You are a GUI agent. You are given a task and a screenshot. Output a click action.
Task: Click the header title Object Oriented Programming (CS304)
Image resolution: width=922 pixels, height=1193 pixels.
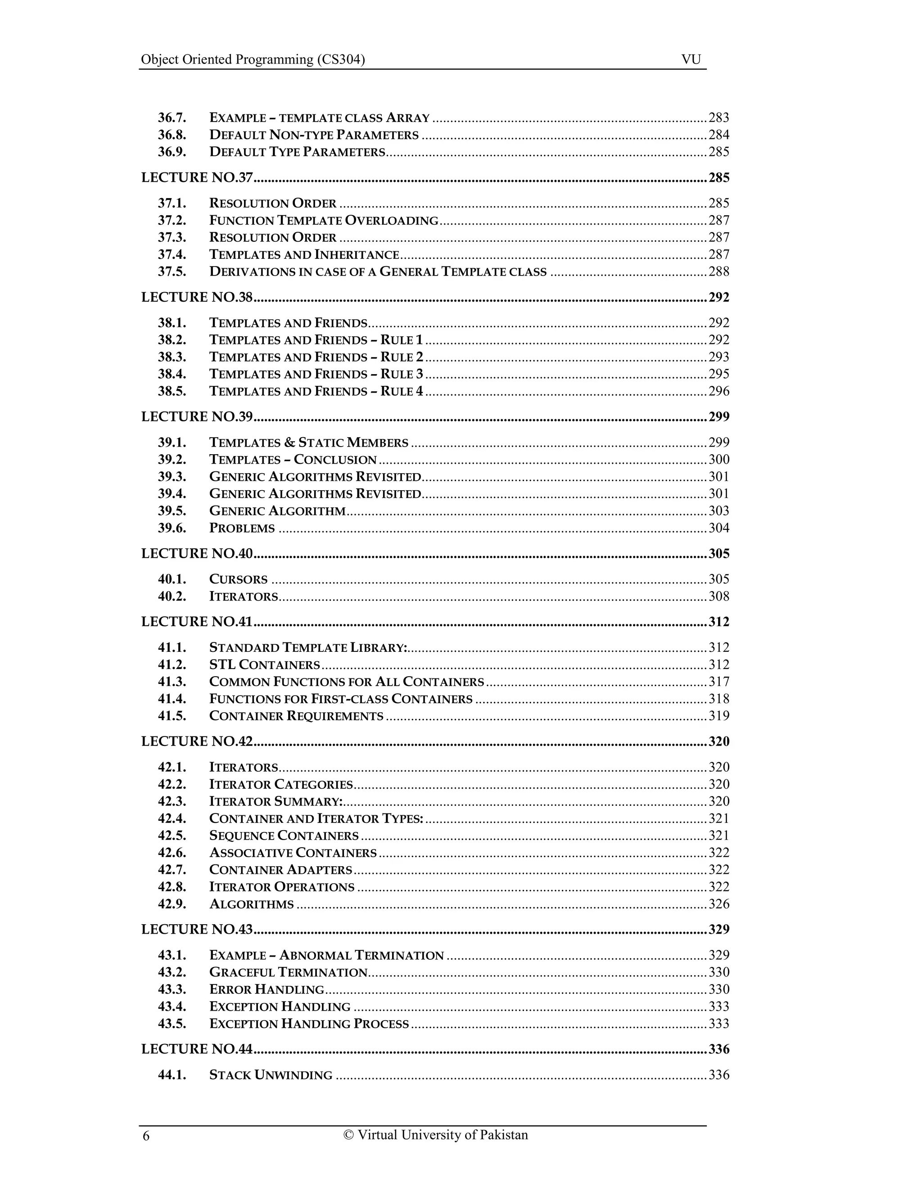(x=253, y=59)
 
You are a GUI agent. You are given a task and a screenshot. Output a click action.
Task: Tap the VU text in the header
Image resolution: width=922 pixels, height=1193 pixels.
(x=691, y=59)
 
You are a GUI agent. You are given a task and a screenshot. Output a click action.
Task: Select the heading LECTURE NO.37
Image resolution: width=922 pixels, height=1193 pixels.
(x=197, y=177)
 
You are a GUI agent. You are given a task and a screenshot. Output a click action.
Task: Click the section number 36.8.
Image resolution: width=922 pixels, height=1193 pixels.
(x=172, y=135)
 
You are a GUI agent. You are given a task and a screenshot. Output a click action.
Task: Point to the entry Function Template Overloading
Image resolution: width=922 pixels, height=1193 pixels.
(x=323, y=221)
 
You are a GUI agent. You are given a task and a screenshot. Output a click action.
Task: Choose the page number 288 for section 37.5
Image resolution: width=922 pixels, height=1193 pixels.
(x=719, y=272)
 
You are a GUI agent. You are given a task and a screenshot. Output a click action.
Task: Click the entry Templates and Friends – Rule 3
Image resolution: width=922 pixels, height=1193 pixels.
(x=316, y=374)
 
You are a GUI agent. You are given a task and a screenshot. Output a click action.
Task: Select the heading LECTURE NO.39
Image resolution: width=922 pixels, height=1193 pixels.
(x=197, y=417)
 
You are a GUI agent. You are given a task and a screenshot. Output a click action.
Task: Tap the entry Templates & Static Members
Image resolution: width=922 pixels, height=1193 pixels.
(x=308, y=443)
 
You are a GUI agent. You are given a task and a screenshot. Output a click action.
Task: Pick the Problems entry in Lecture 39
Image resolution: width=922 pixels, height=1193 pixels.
(x=242, y=528)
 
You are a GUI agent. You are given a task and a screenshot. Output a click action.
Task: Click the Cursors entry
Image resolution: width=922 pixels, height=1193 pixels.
(x=238, y=579)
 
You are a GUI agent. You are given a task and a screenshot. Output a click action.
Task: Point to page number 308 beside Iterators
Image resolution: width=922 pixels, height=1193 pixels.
(x=719, y=596)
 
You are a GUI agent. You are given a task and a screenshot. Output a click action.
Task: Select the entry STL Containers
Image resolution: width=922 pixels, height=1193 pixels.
(x=264, y=665)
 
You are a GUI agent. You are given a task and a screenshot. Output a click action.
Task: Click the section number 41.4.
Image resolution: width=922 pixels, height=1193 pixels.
(x=172, y=699)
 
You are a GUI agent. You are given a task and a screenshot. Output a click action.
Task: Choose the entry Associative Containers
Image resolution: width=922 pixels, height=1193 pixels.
(x=293, y=853)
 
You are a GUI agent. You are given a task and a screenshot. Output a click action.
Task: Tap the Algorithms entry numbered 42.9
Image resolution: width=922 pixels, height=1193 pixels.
(x=251, y=904)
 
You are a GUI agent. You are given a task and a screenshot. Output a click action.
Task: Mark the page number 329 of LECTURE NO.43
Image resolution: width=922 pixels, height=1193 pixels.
(x=719, y=930)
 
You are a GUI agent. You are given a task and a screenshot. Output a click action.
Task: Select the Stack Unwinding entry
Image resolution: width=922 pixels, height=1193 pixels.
(x=271, y=1075)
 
